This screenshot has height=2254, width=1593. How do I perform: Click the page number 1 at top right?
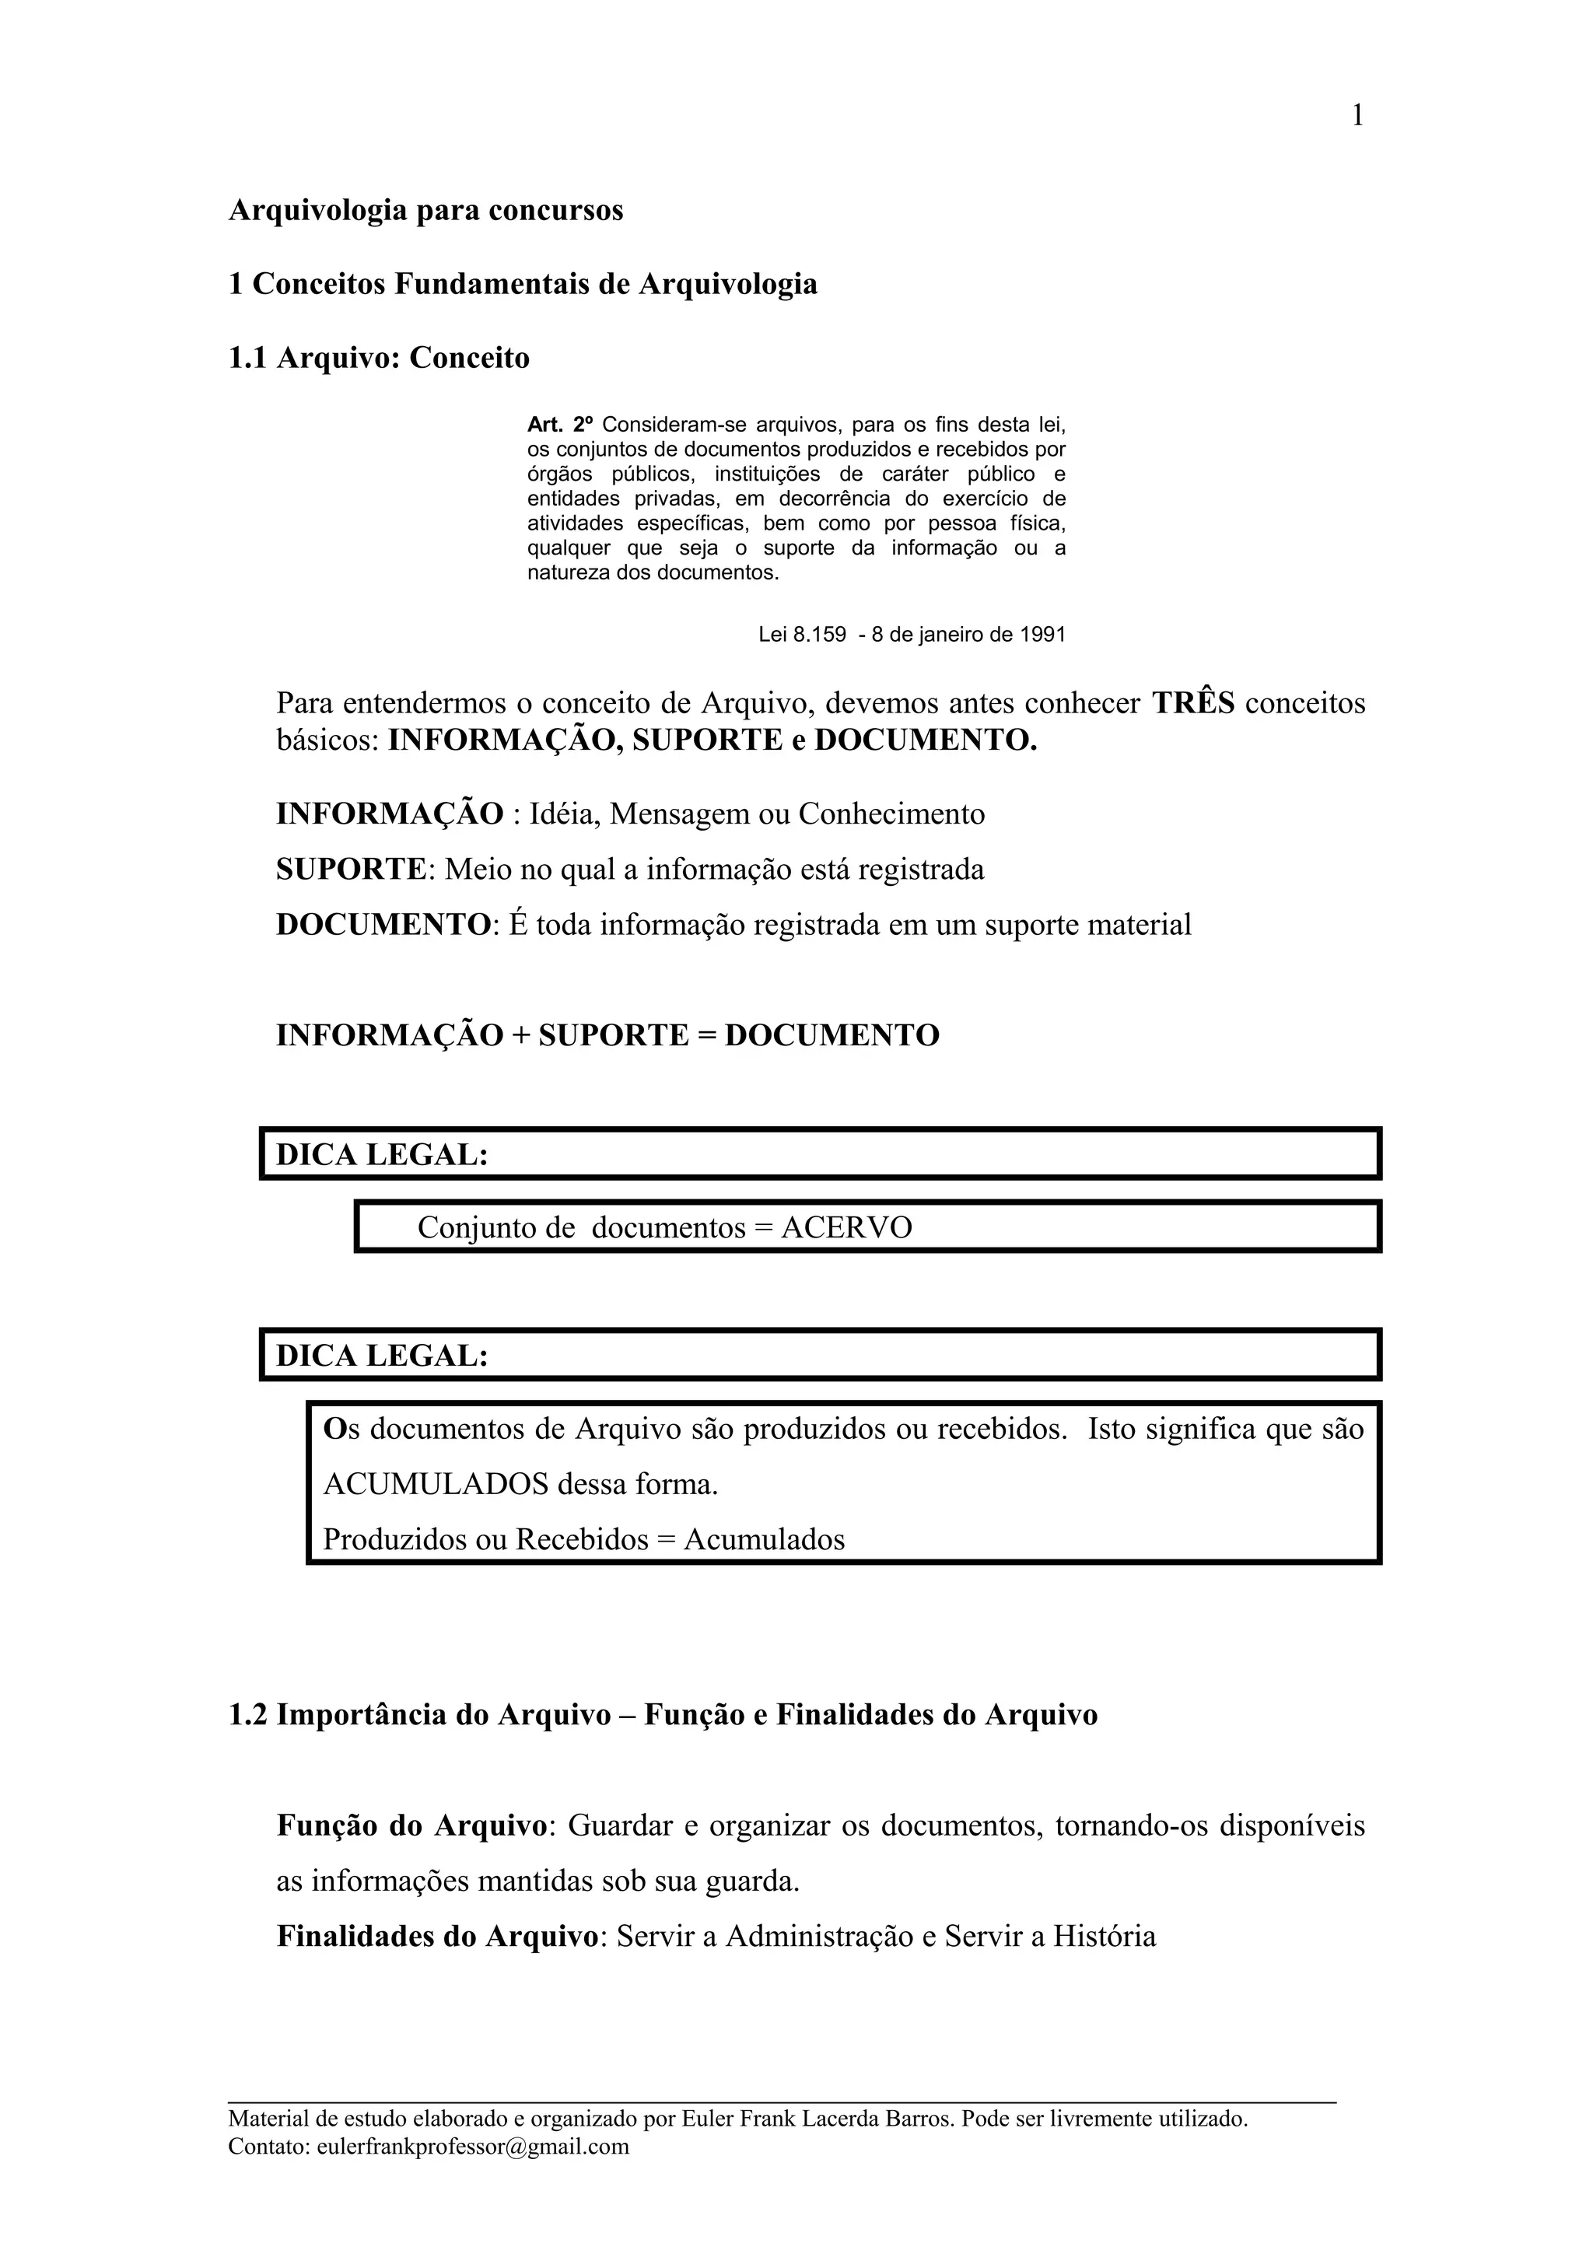pos(1357,117)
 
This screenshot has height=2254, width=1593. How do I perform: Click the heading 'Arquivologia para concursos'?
pos(426,211)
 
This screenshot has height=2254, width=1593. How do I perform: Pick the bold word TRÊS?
pos(1192,703)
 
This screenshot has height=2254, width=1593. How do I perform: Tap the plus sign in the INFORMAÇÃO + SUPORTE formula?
pos(520,1036)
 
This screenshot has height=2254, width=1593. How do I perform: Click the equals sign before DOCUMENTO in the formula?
pos(707,1036)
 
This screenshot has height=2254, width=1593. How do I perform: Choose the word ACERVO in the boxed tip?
pos(846,1228)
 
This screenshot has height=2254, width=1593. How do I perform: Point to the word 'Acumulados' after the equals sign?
pos(764,1538)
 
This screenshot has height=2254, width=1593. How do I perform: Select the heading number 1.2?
pos(247,1715)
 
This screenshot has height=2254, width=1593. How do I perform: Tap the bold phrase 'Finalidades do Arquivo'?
pos(438,1936)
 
